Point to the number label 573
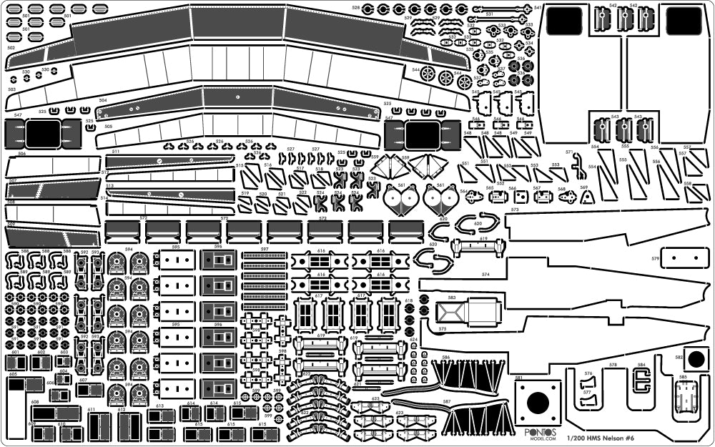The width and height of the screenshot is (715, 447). tap(515, 210)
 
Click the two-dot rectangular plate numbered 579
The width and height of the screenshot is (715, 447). tap(680, 257)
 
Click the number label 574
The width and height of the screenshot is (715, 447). tap(485, 274)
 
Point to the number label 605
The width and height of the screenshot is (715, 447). tap(13, 374)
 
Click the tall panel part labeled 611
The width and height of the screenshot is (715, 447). tap(93, 428)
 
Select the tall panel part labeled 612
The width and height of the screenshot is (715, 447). tap(128, 428)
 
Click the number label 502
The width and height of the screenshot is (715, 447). tap(11, 48)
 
